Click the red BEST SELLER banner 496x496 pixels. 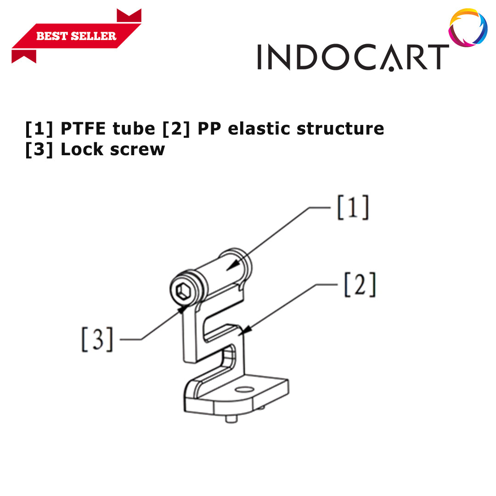tap(76, 36)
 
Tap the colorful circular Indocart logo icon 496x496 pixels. tap(468, 28)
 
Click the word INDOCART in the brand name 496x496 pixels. tap(353, 57)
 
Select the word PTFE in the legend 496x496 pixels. tap(83, 129)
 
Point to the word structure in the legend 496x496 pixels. tap(340, 129)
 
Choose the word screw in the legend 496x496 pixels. tap(137, 150)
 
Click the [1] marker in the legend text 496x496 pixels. tap(39, 129)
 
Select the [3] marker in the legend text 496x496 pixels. tap(39, 150)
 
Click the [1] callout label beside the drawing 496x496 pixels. tap(353, 208)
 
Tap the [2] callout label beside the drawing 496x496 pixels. tap(360, 284)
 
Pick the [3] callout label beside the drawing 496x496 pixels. tap(97, 339)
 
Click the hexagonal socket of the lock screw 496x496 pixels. tap(182, 291)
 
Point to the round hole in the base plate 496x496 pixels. tap(245, 389)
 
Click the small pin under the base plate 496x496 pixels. tap(231, 419)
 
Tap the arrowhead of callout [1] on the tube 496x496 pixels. tap(233, 265)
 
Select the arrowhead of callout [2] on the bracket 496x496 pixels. tap(245, 330)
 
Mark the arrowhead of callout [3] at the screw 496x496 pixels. tap(183, 309)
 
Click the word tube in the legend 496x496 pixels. tap(134, 129)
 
